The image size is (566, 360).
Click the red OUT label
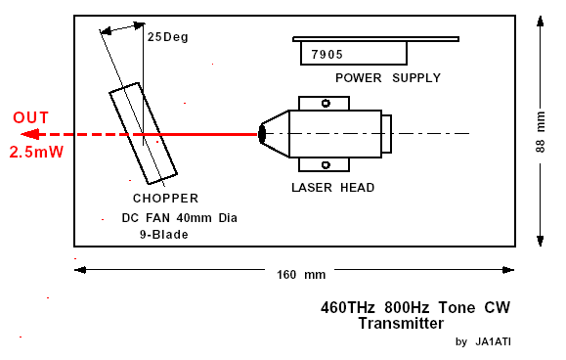pos(30,117)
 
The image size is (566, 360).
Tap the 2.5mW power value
pos(36,152)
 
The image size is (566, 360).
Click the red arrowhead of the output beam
pos(29,135)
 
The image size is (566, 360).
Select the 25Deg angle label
pos(168,37)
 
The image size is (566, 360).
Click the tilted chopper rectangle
pos(109,93)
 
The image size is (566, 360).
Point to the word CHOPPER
pos(165,199)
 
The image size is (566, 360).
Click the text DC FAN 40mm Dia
pos(180,218)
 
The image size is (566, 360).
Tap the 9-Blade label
pos(164,235)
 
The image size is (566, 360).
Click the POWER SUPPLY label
pos(388,78)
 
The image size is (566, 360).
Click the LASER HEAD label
pos(332,188)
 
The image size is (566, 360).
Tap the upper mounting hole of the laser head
pos(326,104)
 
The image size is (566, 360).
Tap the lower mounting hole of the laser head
pos(326,165)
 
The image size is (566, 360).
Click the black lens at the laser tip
pos(262,134)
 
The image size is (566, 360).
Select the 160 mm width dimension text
pos(301,275)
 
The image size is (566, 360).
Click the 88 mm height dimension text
pos(540,132)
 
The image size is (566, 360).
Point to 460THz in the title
pos(348,307)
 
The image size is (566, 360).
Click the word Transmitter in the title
pos(401,323)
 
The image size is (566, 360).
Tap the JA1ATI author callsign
pos(493,341)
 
